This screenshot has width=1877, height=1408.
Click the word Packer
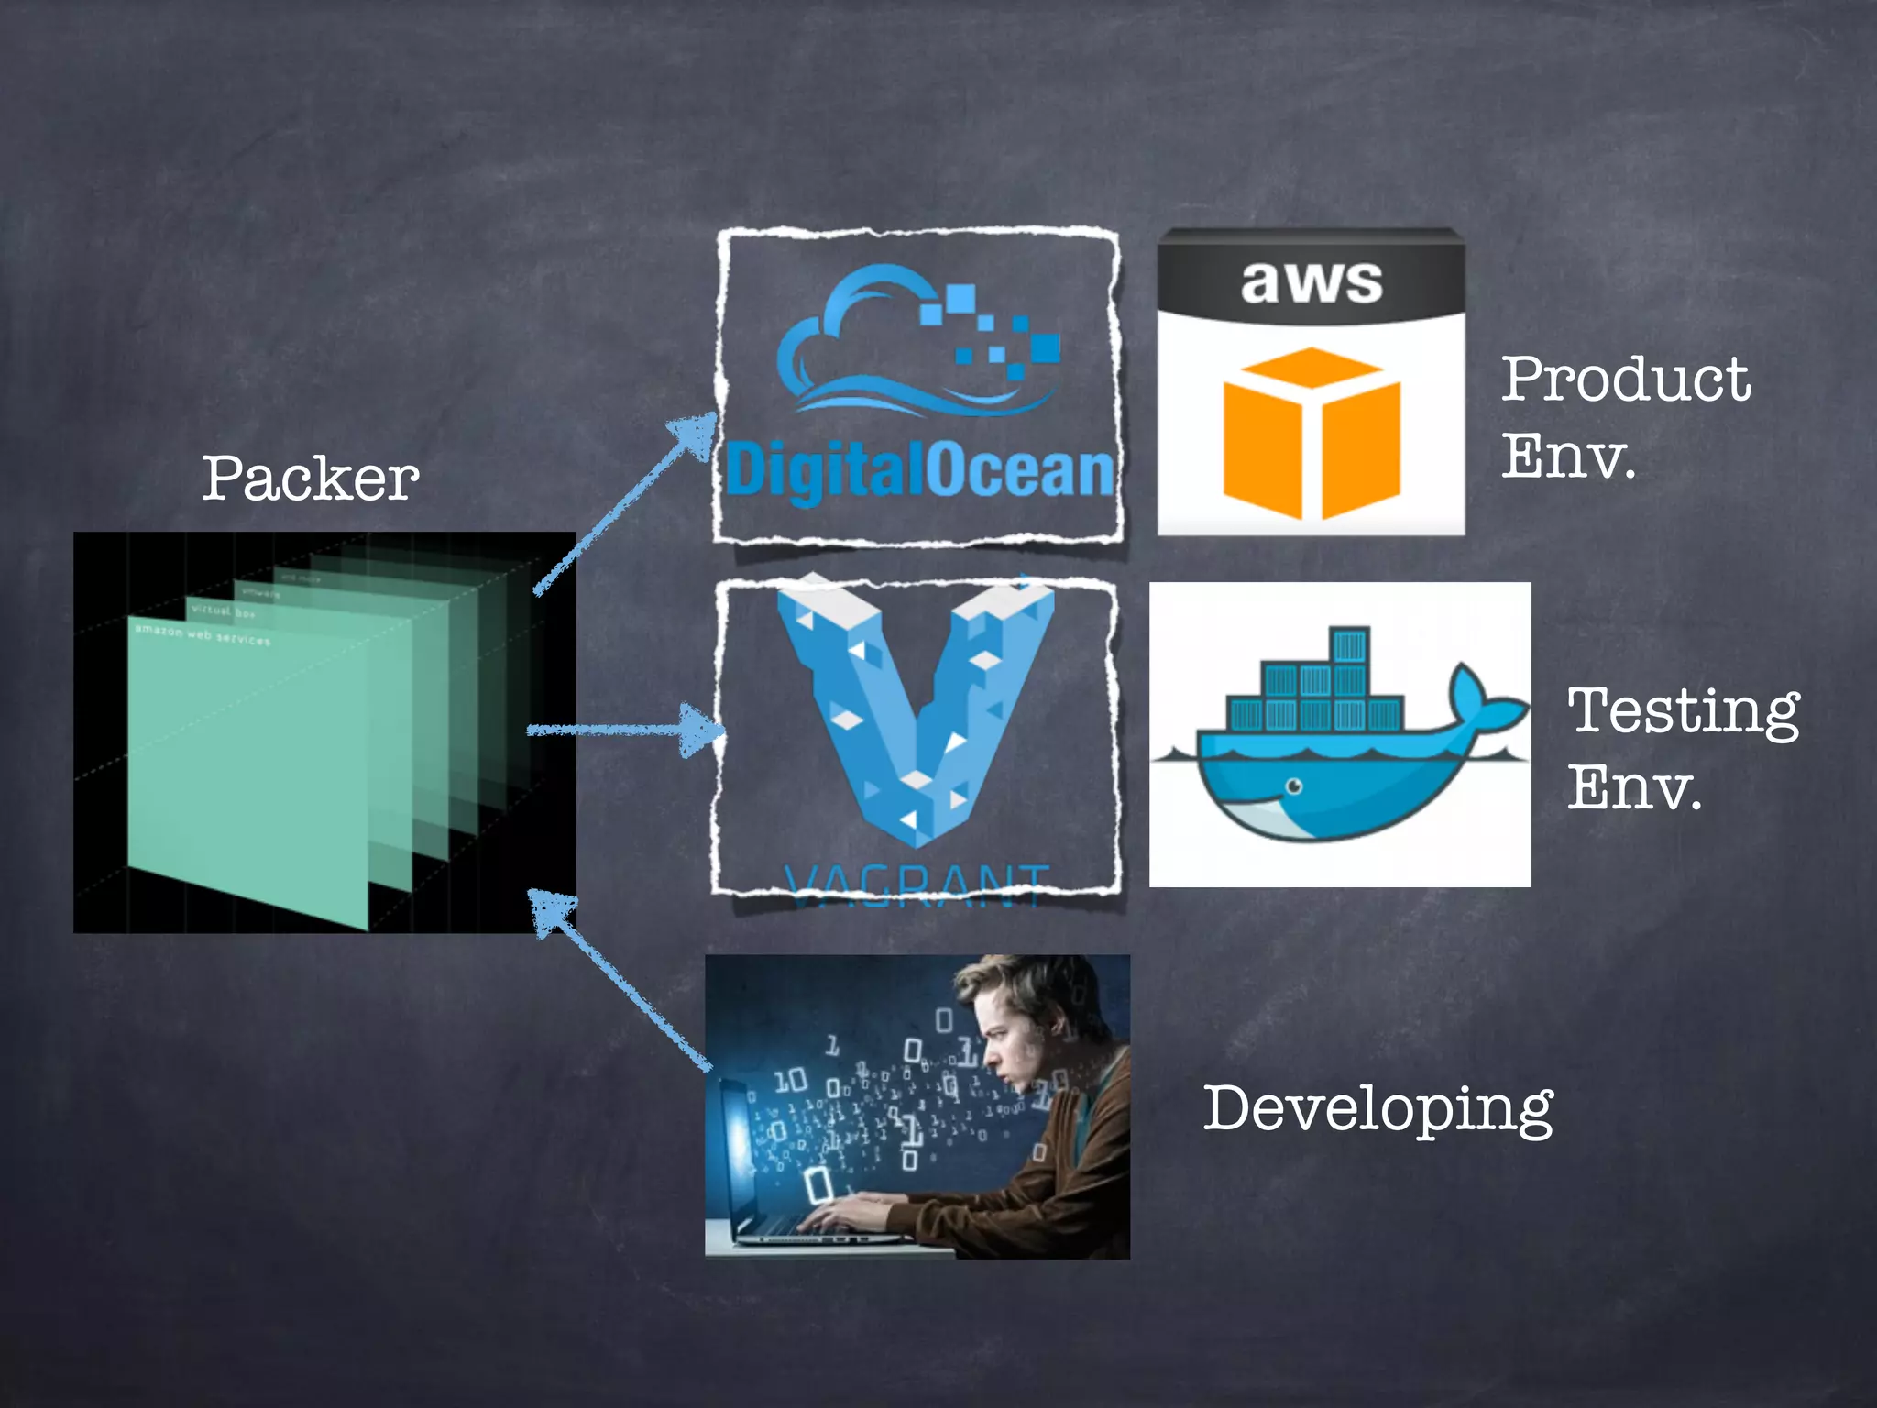(310, 478)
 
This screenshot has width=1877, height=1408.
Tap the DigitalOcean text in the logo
(919, 471)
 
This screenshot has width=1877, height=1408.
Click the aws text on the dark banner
(1311, 281)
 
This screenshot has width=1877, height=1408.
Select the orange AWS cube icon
(1311, 433)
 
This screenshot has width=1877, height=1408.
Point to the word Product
(1625, 379)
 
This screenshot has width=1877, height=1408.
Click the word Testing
(1683, 711)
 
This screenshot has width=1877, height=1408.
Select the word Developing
(1377, 1109)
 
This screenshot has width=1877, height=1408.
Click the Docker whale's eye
(1293, 786)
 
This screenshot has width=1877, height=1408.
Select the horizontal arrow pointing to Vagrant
(623, 730)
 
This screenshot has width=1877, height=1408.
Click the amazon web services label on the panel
(203, 633)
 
